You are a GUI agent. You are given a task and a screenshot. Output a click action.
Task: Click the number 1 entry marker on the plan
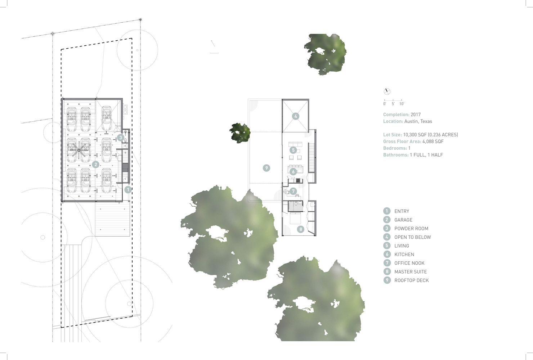pyautogui.click(x=128, y=189)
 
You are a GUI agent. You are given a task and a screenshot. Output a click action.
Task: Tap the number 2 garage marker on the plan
pyautogui.click(x=96, y=164)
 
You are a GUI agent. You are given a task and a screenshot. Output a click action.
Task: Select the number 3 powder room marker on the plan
pyautogui.click(x=121, y=138)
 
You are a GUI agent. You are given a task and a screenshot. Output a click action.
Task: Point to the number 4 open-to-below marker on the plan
pyautogui.click(x=296, y=116)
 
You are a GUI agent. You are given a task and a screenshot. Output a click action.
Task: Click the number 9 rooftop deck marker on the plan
pyautogui.click(x=266, y=168)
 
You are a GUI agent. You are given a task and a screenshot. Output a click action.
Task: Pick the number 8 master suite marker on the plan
pyautogui.click(x=301, y=229)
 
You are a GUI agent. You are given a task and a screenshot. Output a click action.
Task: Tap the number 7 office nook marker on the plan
pyautogui.click(x=293, y=191)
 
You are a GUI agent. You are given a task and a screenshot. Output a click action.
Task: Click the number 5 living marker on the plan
pyautogui.click(x=293, y=150)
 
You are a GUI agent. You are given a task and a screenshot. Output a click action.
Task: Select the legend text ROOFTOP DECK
pyautogui.click(x=411, y=280)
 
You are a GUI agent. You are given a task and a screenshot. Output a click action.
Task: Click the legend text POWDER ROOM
pyautogui.click(x=411, y=229)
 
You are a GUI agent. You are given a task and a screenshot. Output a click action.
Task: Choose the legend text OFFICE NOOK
pyautogui.click(x=409, y=263)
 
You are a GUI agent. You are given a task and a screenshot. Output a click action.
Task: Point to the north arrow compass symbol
pyautogui.click(x=387, y=91)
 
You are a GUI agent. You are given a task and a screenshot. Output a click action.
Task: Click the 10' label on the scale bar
pyautogui.click(x=402, y=104)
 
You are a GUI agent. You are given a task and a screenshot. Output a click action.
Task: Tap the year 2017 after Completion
pyautogui.click(x=416, y=114)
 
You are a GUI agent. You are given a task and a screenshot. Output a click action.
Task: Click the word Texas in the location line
pyautogui.click(x=426, y=121)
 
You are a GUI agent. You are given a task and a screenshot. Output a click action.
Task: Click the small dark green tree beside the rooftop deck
pyautogui.click(x=240, y=133)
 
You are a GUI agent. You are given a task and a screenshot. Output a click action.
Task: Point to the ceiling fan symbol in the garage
pyautogui.click(x=79, y=150)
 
